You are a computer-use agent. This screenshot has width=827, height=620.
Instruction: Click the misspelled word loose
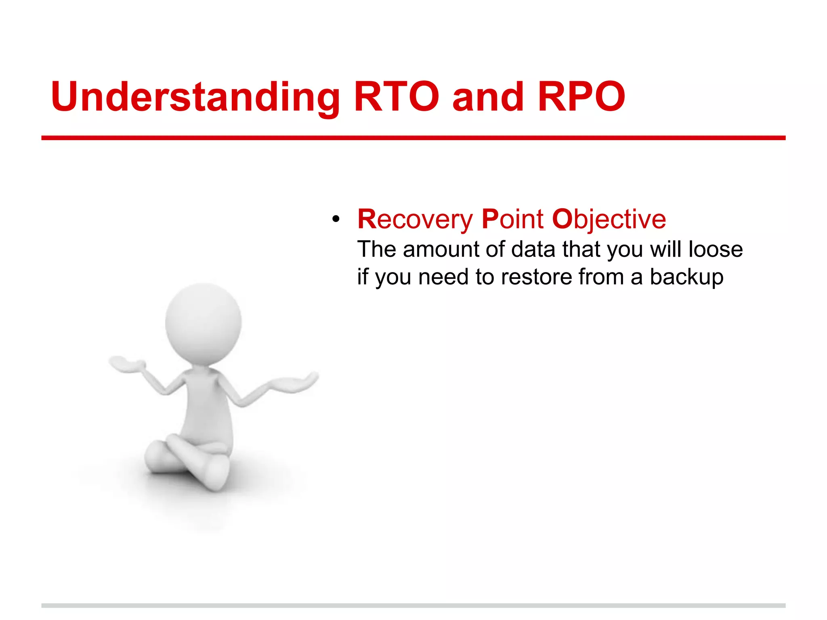coord(716,249)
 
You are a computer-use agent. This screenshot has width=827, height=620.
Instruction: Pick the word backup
coord(686,277)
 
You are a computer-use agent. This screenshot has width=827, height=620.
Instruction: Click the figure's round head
coord(203,323)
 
